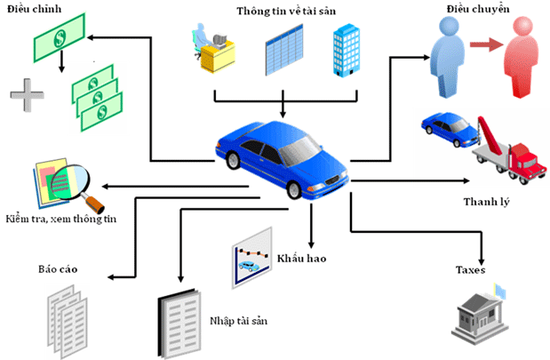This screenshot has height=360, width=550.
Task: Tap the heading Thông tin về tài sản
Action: coord(283,11)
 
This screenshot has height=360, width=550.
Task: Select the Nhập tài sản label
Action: coord(239,319)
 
